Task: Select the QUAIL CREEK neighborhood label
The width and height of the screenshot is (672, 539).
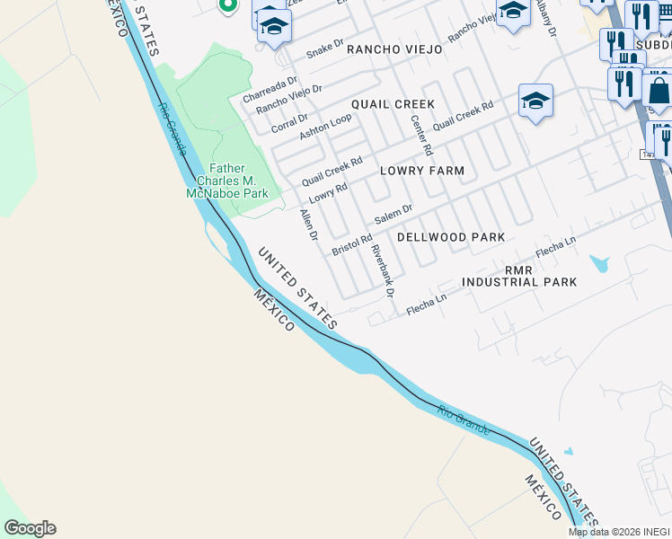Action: [x=393, y=104]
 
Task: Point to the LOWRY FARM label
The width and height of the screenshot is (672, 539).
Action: [x=422, y=170]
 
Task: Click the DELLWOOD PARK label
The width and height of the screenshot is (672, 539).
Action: [x=451, y=236]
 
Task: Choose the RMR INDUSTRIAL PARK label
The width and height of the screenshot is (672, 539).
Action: [x=519, y=276]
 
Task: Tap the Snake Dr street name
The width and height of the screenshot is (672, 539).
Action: [x=325, y=49]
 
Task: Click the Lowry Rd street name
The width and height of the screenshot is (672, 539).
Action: [x=328, y=193]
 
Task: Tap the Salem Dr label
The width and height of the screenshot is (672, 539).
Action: [x=393, y=216]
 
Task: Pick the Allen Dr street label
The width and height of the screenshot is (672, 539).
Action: [x=309, y=225]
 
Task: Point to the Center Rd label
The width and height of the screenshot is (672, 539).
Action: [x=421, y=136]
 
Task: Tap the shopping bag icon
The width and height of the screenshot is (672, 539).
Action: [x=659, y=91]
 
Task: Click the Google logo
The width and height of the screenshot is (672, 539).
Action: [x=30, y=528]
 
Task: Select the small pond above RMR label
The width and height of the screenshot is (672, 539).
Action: [x=598, y=264]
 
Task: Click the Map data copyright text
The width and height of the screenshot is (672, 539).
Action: [x=618, y=532]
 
